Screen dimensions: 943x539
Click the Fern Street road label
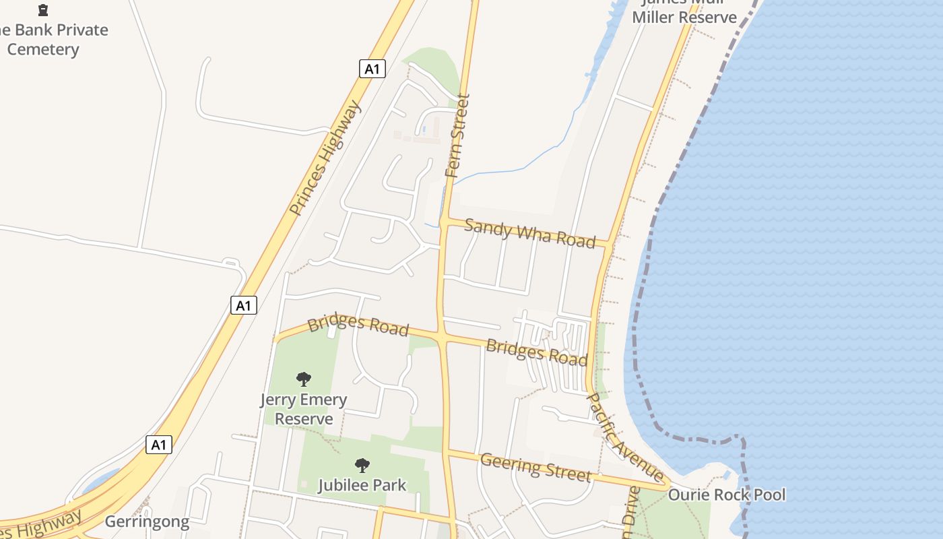click(x=457, y=136)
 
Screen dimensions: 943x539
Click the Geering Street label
click(x=535, y=467)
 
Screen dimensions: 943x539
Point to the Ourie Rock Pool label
click(x=726, y=495)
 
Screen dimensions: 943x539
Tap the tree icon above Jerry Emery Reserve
click(x=304, y=379)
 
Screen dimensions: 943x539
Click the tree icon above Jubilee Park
click(x=362, y=465)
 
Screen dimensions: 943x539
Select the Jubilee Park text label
click(x=362, y=485)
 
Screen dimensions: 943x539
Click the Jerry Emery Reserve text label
click(x=304, y=409)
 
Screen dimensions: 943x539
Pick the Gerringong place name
click(x=147, y=522)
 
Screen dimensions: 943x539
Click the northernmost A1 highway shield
click(x=372, y=69)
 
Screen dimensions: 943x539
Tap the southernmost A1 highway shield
click(x=159, y=445)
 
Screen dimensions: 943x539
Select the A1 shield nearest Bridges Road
click(x=244, y=305)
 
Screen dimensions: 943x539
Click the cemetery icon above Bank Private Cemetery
click(x=43, y=10)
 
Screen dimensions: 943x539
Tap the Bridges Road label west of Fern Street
click(x=358, y=325)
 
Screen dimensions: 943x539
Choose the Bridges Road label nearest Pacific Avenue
click(x=536, y=352)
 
